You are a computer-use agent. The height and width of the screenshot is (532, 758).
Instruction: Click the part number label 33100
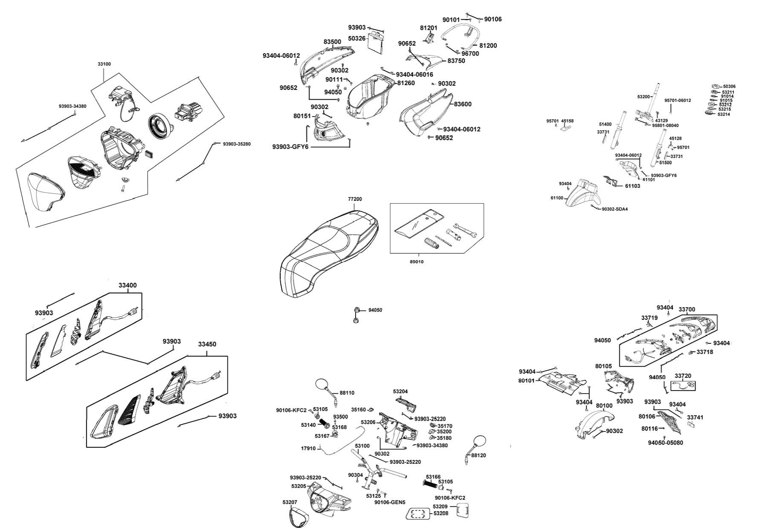(x=104, y=64)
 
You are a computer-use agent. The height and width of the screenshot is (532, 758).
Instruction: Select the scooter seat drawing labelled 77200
(x=328, y=251)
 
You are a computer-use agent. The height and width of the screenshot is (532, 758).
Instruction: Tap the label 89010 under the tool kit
(x=416, y=262)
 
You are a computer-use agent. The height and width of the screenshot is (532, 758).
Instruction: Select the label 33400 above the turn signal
(x=127, y=285)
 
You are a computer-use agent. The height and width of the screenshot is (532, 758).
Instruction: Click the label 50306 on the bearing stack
(x=729, y=86)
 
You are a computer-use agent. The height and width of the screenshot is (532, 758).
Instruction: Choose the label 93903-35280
(x=237, y=144)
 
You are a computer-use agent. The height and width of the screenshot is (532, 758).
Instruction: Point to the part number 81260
(x=406, y=83)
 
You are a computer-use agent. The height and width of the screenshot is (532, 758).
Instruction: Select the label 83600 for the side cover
(x=463, y=104)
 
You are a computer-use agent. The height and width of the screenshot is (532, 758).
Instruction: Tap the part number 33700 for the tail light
(x=687, y=310)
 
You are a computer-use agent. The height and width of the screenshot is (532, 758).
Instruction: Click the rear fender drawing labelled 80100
(x=595, y=424)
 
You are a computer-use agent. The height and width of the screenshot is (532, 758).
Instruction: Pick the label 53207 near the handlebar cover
(x=289, y=503)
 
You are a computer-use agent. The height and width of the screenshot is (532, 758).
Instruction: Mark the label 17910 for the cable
(x=308, y=449)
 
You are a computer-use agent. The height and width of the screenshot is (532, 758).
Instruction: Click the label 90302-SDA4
(x=614, y=209)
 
